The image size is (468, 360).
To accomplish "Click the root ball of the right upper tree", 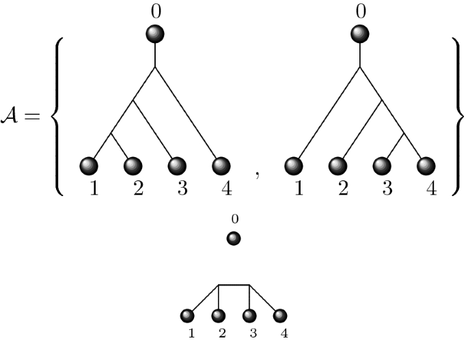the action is pyautogui.click(x=360, y=33).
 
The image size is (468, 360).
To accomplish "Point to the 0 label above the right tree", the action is pyautogui.click(x=360, y=10).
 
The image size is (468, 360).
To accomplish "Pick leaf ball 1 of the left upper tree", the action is pyautogui.click(x=89, y=166).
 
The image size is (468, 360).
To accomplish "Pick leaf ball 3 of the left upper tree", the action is pyautogui.click(x=178, y=166).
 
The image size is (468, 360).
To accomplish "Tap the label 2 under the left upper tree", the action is pyautogui.click(x=137, y=189).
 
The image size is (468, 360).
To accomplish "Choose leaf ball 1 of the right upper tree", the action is pyautogui.click(x=294, y=166).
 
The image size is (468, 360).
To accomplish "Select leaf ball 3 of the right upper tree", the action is pyautogui.click(x=383, y=166).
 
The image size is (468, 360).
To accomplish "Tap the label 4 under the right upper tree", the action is pyautogui.click(x=430, y=189).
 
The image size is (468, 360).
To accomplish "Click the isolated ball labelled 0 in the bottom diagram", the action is pyautogui.click(x=234, y=239).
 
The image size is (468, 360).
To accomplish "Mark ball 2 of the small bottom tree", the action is pyautogui.click(x=219, y=316).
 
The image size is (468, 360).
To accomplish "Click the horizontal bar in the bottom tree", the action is pyautogui.click(x=234, y=285).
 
